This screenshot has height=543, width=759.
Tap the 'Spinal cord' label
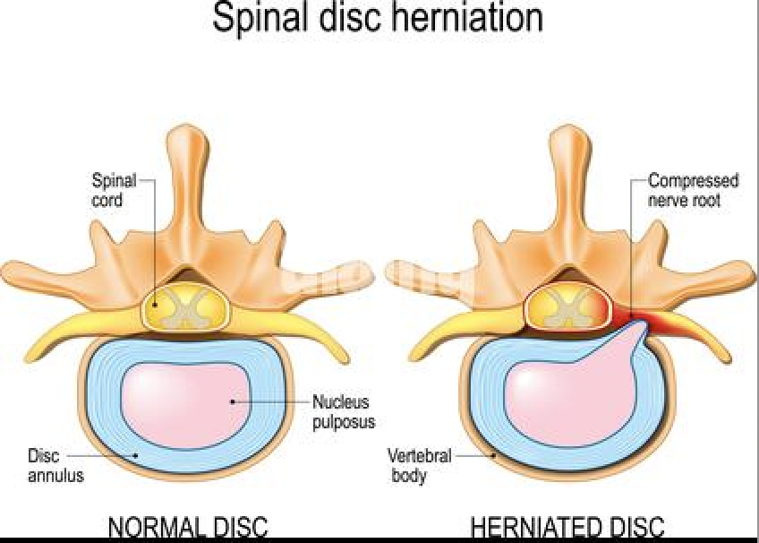point(114,190)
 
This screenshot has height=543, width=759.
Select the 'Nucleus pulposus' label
point(341,412)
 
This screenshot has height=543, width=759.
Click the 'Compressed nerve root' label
point(693,190)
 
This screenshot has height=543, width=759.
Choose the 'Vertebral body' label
point(418,465)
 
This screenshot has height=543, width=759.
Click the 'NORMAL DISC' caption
point(187,527)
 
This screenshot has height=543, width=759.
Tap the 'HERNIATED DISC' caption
point(567,527)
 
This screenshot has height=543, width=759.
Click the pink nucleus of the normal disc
point(184,398)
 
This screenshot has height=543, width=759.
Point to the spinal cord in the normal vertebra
point(185,309)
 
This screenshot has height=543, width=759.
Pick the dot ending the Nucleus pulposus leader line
point(234,401)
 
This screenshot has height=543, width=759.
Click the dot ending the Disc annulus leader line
point(136,454)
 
